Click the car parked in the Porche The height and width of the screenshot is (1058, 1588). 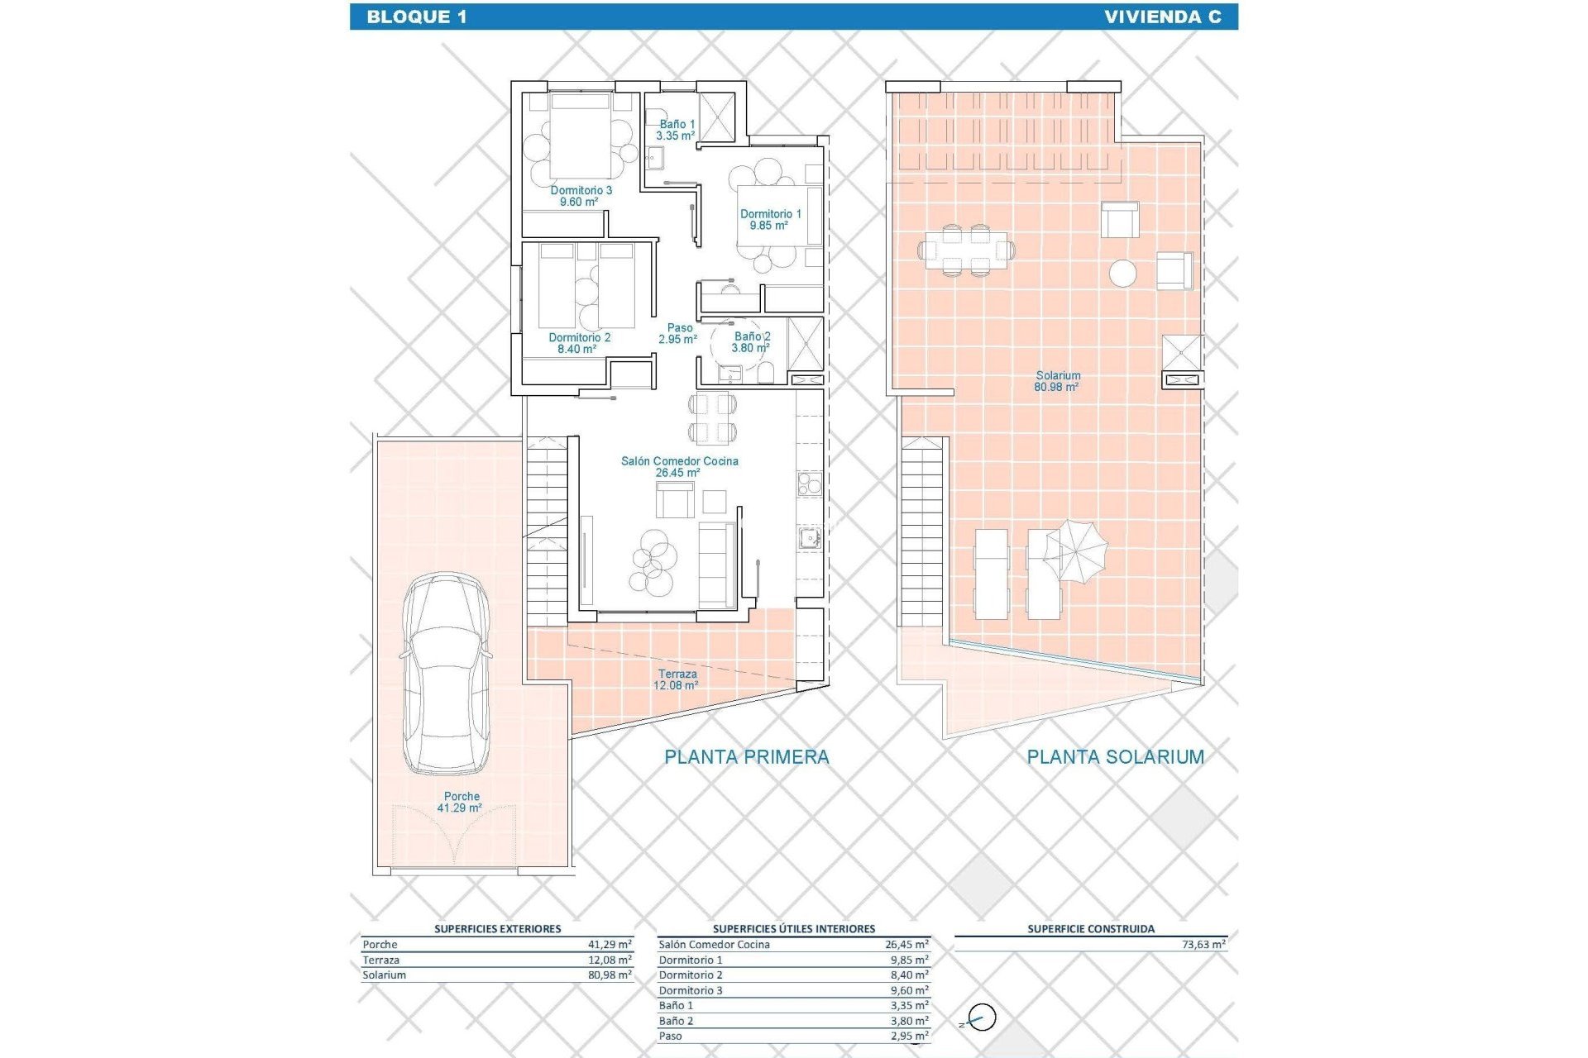click(445, 674)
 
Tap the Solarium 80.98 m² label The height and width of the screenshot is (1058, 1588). click(1057, 381)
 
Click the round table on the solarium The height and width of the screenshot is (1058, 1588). click(1122, 273)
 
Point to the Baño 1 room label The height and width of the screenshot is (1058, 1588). click(677, 130)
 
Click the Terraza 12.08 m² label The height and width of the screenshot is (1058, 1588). click(677, 679)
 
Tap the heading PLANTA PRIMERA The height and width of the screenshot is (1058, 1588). click(746, 756)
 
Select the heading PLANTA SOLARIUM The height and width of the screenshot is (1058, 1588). click(1115, 756)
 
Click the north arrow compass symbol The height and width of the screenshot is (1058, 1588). click(981, 1017)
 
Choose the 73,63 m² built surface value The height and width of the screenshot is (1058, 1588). click(1203, 944)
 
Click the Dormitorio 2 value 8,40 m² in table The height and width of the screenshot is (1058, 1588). click(909, 975)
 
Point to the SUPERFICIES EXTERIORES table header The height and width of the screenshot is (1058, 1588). click(497, 928)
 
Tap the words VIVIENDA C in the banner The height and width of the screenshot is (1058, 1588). click(1162, 17)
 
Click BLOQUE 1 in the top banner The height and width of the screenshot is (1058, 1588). click(417, 17)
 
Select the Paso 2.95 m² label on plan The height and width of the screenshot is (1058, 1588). click(678, 333)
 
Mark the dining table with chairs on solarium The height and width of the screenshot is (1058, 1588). click(966, 249)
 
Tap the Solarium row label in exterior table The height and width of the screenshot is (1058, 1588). click(385, 975)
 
